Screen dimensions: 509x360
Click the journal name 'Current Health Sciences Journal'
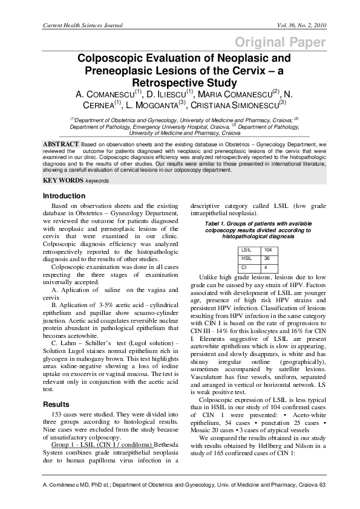82,25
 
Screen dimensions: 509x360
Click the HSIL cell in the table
247,258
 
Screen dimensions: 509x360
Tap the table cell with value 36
267,258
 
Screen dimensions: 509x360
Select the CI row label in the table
244,267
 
